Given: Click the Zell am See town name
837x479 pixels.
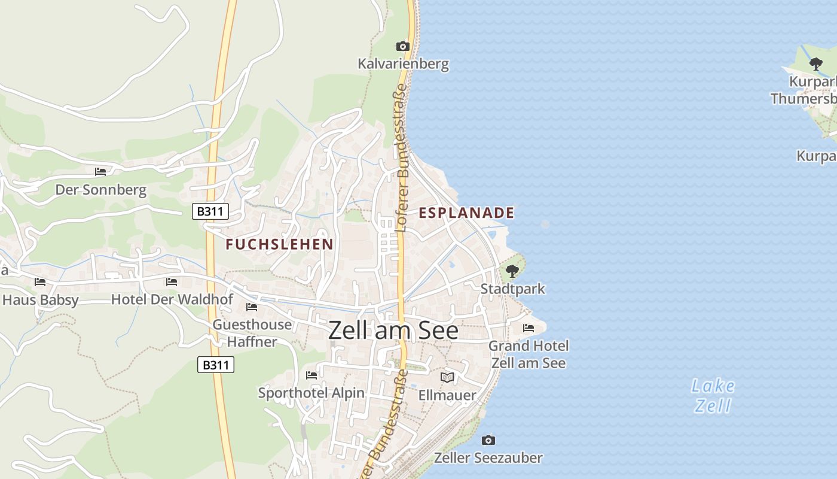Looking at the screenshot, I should [393, 331].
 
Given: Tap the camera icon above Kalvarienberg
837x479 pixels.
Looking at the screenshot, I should [403, 46].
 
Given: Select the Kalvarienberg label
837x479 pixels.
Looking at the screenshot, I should [403, 63].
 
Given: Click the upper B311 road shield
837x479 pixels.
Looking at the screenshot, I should [210, 211].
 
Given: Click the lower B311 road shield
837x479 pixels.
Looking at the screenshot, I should [215, 365].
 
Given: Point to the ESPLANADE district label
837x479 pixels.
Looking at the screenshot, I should [466, 213].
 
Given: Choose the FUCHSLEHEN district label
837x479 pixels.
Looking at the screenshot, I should [279, 244].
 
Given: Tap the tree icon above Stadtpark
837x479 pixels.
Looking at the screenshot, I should [512, 271].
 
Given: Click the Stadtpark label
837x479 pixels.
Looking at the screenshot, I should [513, 289].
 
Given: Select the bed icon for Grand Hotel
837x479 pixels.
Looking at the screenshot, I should [529, 328].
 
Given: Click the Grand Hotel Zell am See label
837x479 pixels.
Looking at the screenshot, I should [529, 354].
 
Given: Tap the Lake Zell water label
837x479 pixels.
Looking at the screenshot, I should [713, 396].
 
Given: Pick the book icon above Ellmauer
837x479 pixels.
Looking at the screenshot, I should [447, 377].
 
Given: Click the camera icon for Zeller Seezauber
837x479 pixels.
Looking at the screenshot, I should [488, 440].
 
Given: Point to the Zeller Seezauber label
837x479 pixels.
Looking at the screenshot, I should [488, 458].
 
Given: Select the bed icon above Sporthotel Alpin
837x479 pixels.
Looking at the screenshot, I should [311, 375].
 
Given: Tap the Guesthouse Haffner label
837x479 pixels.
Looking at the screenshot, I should [252, 333].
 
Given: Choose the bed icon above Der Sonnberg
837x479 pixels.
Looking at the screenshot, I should [100, 172].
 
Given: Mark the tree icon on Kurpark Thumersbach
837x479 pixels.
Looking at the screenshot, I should [815, 64].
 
